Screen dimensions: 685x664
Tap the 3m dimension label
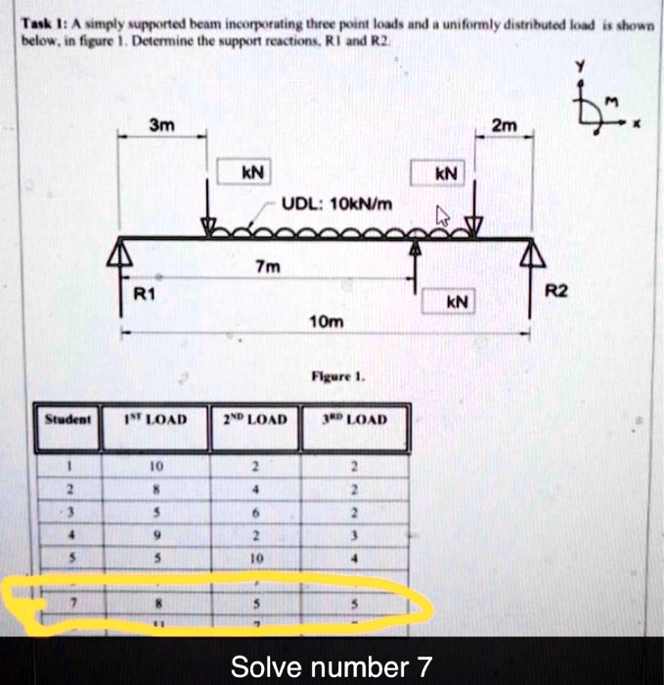click(x=159, y=124)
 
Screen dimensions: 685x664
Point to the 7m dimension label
click(x=265, y=266)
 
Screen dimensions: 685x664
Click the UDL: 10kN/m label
click(x=337, y=204)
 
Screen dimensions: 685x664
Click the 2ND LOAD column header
click(x=254, y=419)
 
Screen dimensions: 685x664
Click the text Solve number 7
click(x=331, y=667)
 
